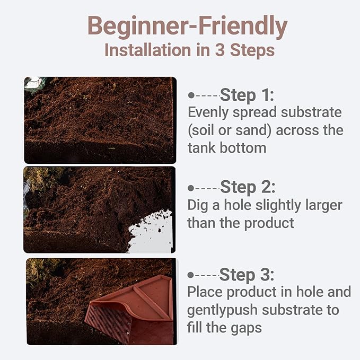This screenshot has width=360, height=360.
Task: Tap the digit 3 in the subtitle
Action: click(219, 50)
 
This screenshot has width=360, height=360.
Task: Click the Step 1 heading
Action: click(247, 95)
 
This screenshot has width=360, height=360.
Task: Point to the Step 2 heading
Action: click(248, 187)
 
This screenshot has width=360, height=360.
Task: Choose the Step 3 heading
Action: click(247, 275)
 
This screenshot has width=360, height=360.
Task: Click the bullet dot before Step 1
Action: click(191, 95)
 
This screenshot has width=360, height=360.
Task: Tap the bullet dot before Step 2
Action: click(190, 188)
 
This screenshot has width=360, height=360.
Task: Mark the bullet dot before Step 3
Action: click(190, 275)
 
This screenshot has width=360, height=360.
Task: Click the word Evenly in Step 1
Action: click(208, 112)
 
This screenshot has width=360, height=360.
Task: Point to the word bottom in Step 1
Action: click(243, 147)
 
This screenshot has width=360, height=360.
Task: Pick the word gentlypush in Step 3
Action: click(222, 310)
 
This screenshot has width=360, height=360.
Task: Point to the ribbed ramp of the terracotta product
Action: click(108, 324)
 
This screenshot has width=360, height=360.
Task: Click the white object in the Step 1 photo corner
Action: click(33, 83)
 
